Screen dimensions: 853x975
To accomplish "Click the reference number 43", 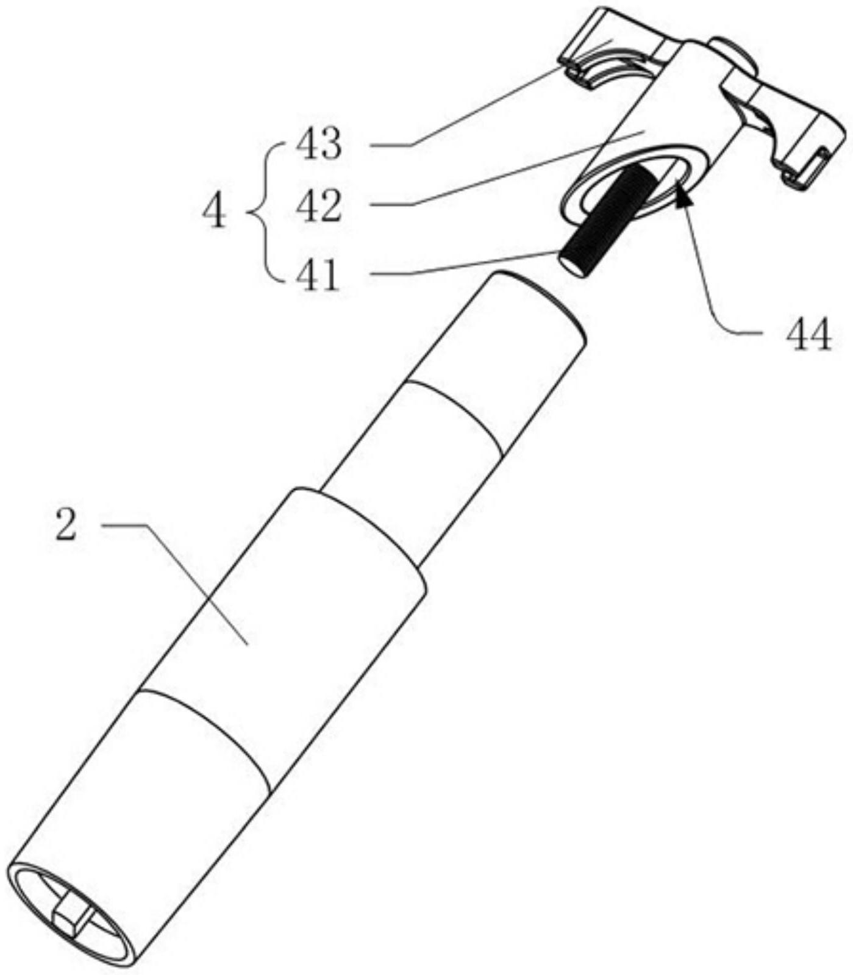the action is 318,145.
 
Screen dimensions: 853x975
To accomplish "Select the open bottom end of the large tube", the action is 73,915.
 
